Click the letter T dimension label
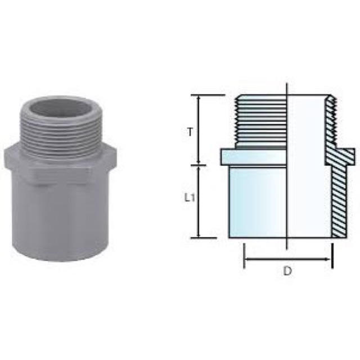point(191,132)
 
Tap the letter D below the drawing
point(287,271)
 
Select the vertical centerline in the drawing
point(287,169)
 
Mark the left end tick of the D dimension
point(244,256)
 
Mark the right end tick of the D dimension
point(332,256)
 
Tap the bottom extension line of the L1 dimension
point(202,238)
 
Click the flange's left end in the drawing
point(223,157)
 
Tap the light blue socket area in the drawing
point(256,202)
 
